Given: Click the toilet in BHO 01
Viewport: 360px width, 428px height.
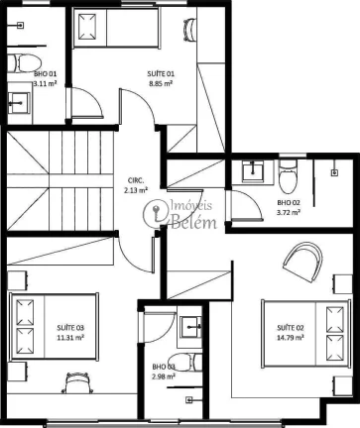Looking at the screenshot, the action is click(x=25, y=63).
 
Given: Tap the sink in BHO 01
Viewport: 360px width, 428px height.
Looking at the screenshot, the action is click(x=19, y=103).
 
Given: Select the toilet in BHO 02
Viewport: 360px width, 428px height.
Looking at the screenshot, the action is click(x=289, y=177).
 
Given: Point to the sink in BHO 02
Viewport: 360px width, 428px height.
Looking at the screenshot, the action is click(x=253, y=171).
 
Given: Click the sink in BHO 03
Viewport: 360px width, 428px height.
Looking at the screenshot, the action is click(x=190, y=327).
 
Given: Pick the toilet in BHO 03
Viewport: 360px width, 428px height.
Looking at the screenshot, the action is click(x=184, y=363).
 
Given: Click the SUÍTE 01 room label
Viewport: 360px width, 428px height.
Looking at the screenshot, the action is click(x=161, y=73).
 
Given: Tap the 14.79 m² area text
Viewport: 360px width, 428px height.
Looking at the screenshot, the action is click(x=291, y=338).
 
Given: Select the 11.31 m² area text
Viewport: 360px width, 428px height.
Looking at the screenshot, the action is click(x=70, y=338).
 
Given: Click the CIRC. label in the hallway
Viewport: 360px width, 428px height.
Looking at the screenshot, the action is click(x=136, y=180).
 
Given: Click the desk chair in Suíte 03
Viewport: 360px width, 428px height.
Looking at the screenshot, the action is click(x=77, y=382).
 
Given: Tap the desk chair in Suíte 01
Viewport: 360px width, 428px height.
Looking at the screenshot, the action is click(x=189, y=30).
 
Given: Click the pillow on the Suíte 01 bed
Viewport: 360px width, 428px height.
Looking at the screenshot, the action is click(x=87, y=27).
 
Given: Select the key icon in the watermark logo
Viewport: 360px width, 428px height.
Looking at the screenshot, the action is click(x=155, y=212).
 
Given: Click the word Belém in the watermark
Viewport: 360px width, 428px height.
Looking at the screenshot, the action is click(x=193, y=222).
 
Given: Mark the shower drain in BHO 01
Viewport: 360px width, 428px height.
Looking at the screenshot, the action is click(x=20, y=25).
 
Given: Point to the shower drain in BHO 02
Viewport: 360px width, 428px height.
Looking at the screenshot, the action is click(x=335, y=172).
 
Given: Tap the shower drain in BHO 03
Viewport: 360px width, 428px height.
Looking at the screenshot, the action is click(x=189, y=400).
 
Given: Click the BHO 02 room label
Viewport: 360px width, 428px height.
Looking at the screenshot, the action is click(x=289, y=202).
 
